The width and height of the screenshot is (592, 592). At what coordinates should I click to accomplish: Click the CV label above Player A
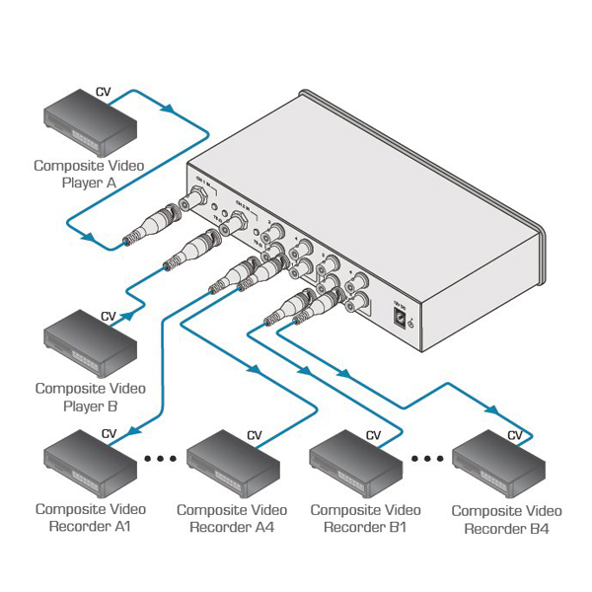(x=103, y=92)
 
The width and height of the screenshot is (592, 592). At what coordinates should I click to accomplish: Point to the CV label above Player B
(x=109, y=317)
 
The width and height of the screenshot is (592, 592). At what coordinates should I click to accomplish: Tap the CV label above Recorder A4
(x=255, y=435)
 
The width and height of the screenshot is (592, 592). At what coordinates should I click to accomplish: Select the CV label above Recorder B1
(x=373, y=434)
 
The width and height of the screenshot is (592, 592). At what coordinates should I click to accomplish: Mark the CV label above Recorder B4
(x=515, y=435)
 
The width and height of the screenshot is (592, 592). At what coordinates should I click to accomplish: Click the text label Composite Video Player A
(x=90, y=174)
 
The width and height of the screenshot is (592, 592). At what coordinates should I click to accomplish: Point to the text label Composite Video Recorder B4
(x=506, y=520)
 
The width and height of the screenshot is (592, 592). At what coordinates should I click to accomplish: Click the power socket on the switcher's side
(x=400, y=319)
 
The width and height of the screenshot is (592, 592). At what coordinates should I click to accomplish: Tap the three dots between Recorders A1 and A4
(x=161, y=459)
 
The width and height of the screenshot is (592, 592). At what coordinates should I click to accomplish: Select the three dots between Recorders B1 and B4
(x=427, y=459)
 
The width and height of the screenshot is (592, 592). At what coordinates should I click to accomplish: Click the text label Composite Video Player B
(x=90, y=397)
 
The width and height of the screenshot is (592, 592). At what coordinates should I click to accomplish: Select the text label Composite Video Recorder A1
(x=90, y=518)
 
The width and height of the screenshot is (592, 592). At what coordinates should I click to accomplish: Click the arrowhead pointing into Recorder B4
(x=489, y=407)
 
